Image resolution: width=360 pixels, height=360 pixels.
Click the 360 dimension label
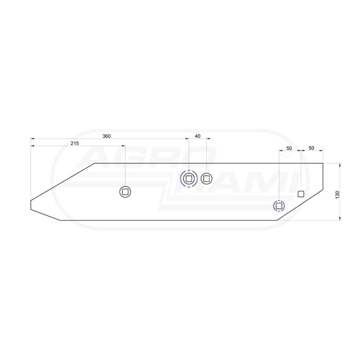point(106,136)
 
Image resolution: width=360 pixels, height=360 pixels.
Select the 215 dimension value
point(75,143)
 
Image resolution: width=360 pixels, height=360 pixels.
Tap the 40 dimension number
point(197,136)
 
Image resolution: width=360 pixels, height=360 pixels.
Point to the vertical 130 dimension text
point(337,195)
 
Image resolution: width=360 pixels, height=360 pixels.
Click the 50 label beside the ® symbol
point(289,148)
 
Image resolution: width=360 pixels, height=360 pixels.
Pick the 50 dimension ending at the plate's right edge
point(311,148)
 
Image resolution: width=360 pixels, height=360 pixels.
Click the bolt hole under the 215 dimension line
point(125,192)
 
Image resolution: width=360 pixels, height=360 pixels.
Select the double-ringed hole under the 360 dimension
point(189,178)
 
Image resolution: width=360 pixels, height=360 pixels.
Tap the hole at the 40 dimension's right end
point(206,178)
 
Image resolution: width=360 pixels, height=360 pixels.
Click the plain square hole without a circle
point(301,194)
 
